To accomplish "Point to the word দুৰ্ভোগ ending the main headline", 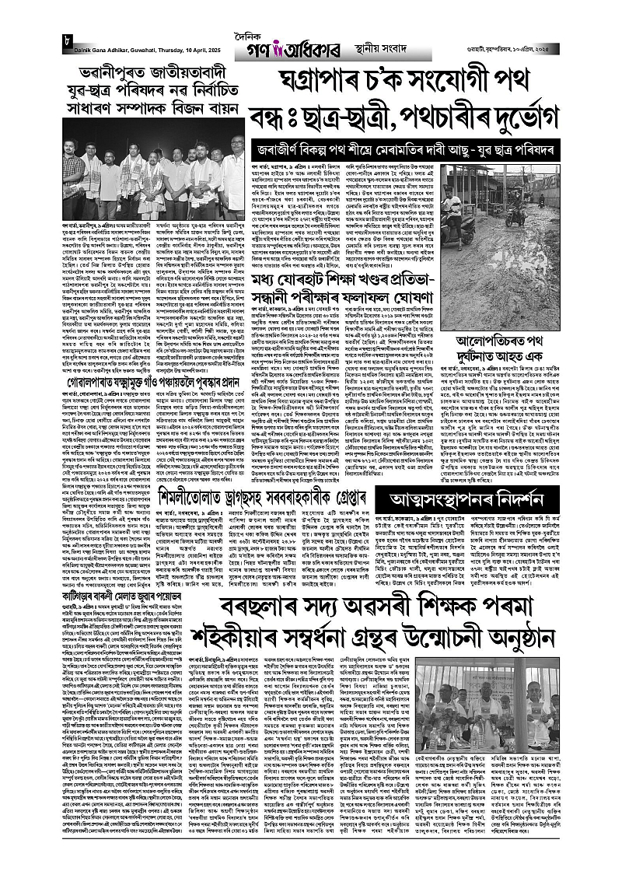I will pos(513,117).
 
